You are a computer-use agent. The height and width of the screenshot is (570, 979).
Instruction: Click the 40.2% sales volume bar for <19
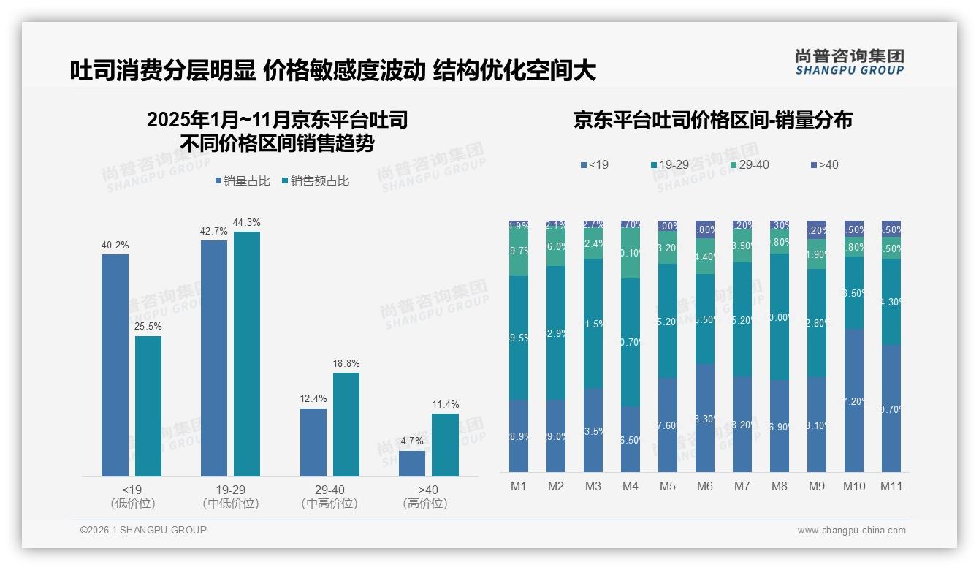point(115,365)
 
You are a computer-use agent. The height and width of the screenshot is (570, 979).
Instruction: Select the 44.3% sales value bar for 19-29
point(247,354)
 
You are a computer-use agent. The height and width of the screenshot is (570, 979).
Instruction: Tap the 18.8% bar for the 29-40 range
point(346,425)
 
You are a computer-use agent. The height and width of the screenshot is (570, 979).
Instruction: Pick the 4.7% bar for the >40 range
point(412,463)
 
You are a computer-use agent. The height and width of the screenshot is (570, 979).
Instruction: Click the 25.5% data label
point(148,327)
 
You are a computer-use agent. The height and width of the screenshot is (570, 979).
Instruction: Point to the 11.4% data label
point(445,404)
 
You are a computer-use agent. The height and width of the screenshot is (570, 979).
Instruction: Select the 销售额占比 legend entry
point(315,181)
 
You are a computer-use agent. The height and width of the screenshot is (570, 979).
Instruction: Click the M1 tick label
point(518,486)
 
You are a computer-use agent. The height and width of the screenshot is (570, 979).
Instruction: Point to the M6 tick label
point(705,486)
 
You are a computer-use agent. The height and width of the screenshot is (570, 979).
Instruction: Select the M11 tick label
point(891,486)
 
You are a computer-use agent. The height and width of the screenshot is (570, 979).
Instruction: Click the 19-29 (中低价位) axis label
point(230,496)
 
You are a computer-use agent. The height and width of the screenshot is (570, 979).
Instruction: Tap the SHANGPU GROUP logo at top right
point(849,62)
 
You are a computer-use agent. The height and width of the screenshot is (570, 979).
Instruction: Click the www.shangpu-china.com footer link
point(851,531)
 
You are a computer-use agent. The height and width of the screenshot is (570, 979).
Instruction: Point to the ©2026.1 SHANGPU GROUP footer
point(143,530)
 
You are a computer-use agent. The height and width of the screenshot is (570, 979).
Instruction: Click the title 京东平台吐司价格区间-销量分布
point(712,121)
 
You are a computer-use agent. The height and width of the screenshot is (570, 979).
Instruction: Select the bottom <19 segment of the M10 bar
point(853,400)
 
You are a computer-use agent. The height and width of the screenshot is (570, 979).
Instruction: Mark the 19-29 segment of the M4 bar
point(630,342)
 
